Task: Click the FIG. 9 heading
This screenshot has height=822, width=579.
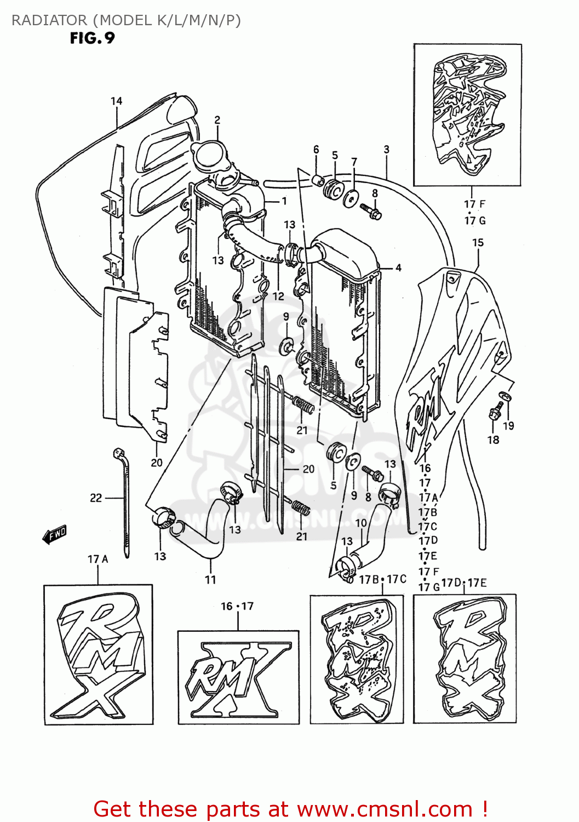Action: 92,38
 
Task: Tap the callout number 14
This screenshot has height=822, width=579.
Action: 116,101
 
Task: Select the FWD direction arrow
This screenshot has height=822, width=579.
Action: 55,534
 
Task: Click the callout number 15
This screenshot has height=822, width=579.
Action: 478,242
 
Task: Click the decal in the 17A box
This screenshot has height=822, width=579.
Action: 99,655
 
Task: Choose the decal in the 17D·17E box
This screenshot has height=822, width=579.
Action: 465,658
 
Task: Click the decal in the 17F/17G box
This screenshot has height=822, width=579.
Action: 467,115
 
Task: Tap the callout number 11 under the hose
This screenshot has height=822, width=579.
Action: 210,579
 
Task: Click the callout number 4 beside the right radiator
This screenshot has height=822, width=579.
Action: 398,267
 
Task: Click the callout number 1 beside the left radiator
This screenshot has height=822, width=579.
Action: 284,201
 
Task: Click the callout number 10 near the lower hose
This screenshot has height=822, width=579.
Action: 360,523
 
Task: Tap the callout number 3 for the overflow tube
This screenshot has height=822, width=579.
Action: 386,149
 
